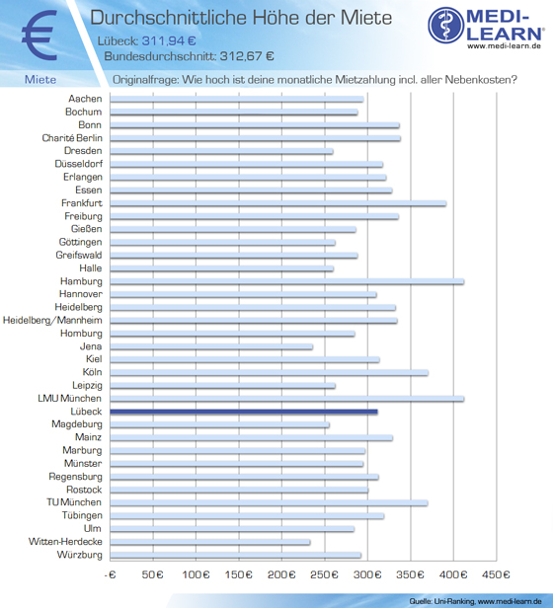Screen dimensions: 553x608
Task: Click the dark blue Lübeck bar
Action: pyautogui.click(x=244, y=412)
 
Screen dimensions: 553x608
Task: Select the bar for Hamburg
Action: pyautogui.click(x=287, y=281)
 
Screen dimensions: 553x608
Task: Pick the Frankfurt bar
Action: pyautogui.click(x=278, y=203)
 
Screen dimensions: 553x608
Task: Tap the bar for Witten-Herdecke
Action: pyautogui.click(x=210, y=542)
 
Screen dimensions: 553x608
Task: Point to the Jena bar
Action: pyautogui.click(x=211, y=346)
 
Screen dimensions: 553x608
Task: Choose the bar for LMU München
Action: pyautogui.click(x=287, y=399)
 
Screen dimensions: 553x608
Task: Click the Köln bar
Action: pyautogui.click(x=270, y=372)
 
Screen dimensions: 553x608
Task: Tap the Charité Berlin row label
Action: pyautogui.click(x=72, y=138)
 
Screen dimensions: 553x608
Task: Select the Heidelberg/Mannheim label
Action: pyautogui.click(x=52, y=320)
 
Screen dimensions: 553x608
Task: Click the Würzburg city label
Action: pyautogui.click(x=80, y=555)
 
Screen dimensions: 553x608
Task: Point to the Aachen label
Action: pyautogui.click(x=85, y=99)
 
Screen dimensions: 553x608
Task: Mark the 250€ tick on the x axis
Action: pyautogui.click(x=324, y=574)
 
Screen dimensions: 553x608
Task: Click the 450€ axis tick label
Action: pyautogui.click(x=496, y=574)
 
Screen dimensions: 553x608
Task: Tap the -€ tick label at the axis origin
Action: pyautogui.click(x=111, y=574)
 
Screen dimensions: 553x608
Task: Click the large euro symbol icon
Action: pyautogui.click(x=39, y=36)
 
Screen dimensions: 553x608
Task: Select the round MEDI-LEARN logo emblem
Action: pyautogui.click(x=446, y=25)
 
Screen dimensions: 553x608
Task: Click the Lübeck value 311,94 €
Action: pyautogui.click(x=169, y=40)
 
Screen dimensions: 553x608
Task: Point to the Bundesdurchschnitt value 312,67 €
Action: pyautogui.click(x=247, y=56)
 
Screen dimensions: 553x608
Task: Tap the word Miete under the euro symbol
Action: pyautogui.click(x=40, y=80)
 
